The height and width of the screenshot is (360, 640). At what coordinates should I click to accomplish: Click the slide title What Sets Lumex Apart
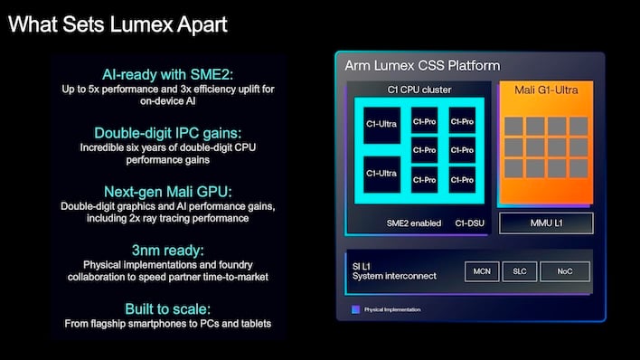(118, 24)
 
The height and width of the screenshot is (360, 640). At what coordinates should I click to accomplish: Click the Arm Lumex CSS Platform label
(422, 66)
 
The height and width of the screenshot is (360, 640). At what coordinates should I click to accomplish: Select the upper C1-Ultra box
(381, 124)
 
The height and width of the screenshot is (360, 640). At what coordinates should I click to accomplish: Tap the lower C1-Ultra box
(381, 172)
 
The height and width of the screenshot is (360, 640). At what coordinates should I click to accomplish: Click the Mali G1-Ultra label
(545, 90)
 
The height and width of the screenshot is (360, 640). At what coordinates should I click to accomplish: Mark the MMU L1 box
(547, 223)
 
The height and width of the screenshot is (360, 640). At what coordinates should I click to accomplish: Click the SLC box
(520, 270)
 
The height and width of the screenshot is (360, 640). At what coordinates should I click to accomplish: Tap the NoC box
(564, 270)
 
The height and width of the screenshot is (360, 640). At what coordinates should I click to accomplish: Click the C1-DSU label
(470, 223)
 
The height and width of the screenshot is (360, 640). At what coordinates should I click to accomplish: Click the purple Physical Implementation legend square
(355, 309)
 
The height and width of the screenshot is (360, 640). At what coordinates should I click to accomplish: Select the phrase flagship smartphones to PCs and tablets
(181, 323)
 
